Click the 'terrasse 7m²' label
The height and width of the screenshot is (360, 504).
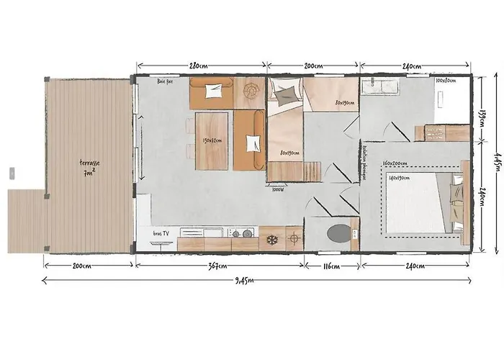[90, 167]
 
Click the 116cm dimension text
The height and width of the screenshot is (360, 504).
[330, 266]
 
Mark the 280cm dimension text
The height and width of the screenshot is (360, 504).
[199, 66]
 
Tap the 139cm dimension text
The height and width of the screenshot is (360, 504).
[484, 115]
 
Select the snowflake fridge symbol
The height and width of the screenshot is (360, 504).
[271, 239]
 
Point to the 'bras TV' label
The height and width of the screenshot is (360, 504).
[162, 233]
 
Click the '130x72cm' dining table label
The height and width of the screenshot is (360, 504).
[212, 140]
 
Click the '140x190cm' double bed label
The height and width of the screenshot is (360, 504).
[400, 177]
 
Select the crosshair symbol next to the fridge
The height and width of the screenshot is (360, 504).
[294, 237]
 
